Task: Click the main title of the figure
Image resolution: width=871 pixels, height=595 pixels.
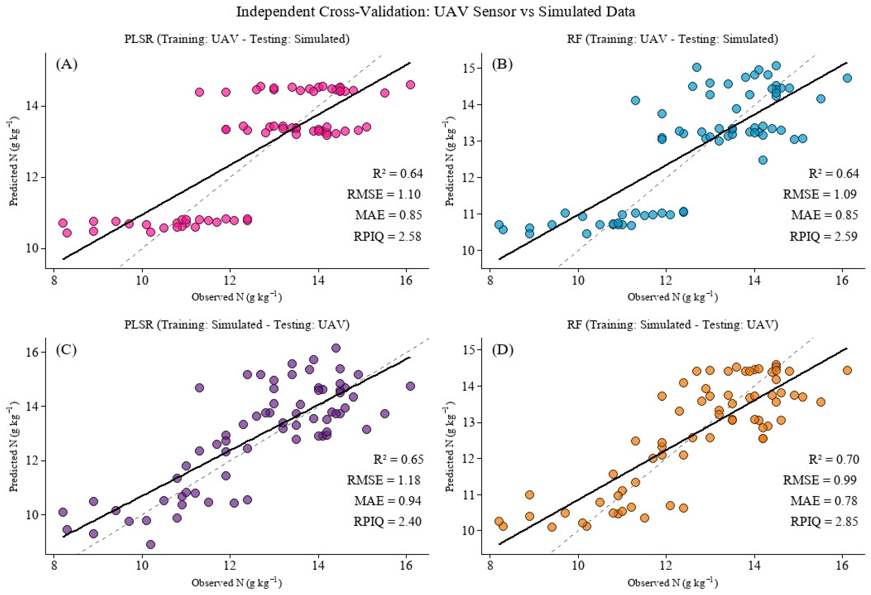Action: point(435,12)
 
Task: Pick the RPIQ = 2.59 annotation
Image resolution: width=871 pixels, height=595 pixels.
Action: point(824,236)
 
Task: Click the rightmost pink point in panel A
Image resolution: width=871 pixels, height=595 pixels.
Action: point(410,85)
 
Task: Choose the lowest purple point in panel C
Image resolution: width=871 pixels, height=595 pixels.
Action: point(151,544)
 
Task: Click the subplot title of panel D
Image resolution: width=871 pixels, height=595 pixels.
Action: point(673,325)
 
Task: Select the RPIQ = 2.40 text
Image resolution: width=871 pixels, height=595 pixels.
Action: point(387,522)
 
